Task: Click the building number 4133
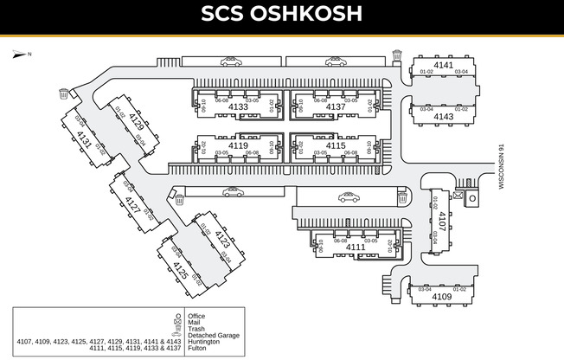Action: [x=238, y=107]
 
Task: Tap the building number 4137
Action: [x=335, y=107]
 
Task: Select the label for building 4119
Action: [x=238, y=146]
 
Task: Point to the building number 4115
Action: [x=335, y=146]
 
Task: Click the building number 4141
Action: [x=443, y=65]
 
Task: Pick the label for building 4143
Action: [x=443, y=116]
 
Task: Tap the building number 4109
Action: [x=441, y=297]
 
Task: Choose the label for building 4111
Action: [x=356, y=247]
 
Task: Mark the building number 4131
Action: [x=84, y=138]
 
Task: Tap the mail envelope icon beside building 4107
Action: [x=471, y=196]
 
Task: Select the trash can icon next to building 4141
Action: [x=397, y=55]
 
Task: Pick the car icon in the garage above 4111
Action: [x=349, y=197]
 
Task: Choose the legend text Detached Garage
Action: [x=213, y=335]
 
